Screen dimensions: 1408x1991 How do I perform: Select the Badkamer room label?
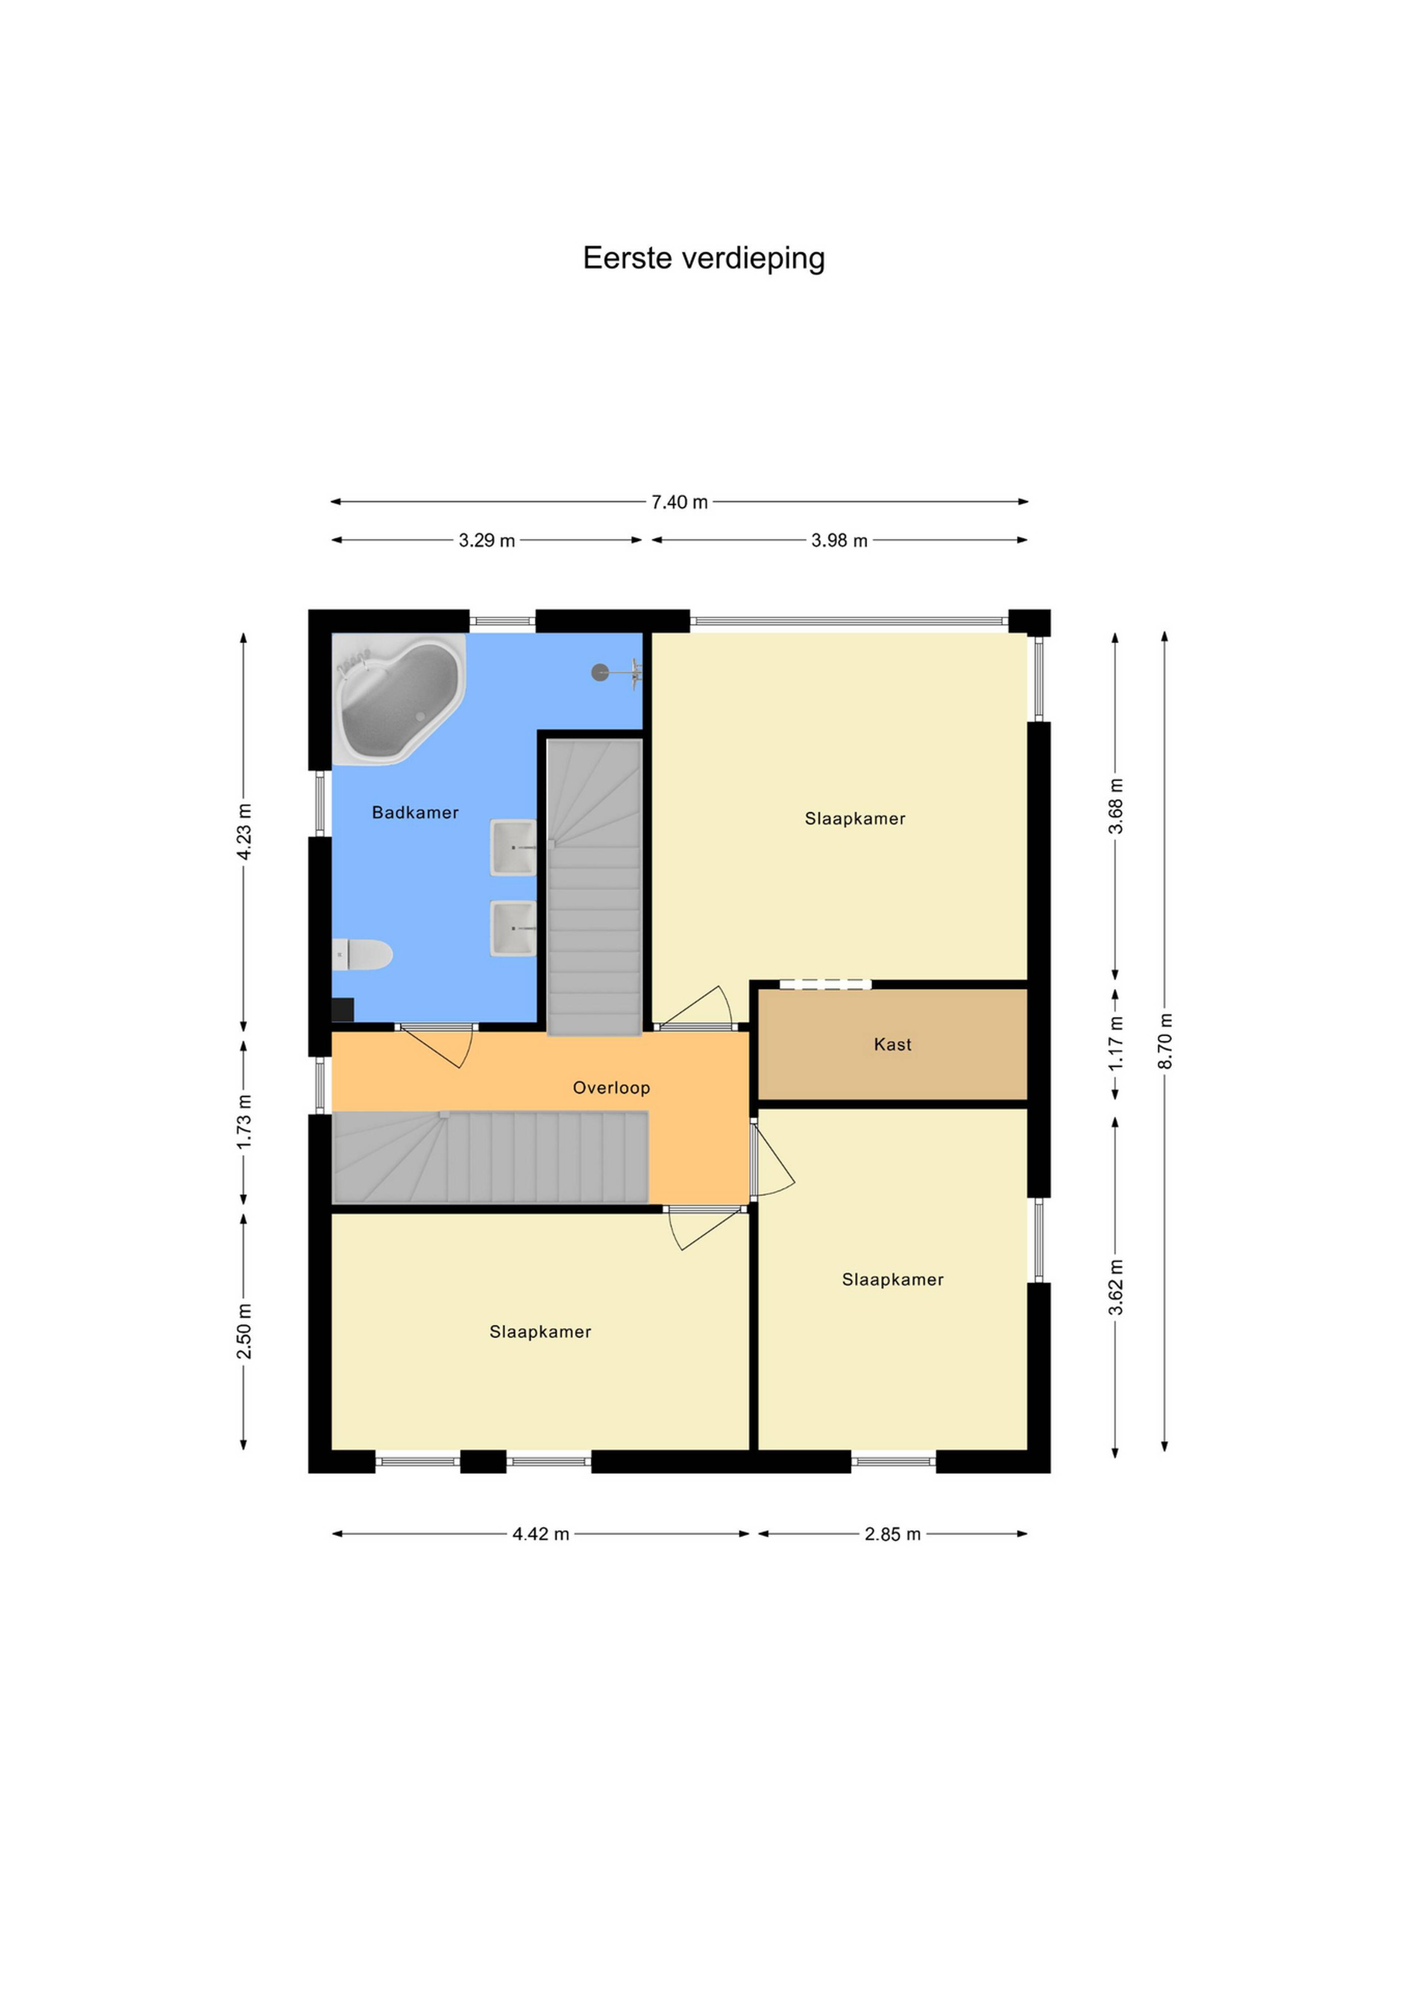415,813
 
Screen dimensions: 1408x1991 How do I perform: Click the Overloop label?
611,1087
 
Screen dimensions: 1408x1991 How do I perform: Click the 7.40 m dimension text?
680,502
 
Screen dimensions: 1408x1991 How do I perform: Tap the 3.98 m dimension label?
839,540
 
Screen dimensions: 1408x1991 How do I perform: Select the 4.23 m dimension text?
245,832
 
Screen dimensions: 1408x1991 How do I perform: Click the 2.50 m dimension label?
245,1331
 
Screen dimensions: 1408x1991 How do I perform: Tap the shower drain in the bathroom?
600,672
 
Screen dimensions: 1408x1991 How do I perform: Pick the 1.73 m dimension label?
245,1122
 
